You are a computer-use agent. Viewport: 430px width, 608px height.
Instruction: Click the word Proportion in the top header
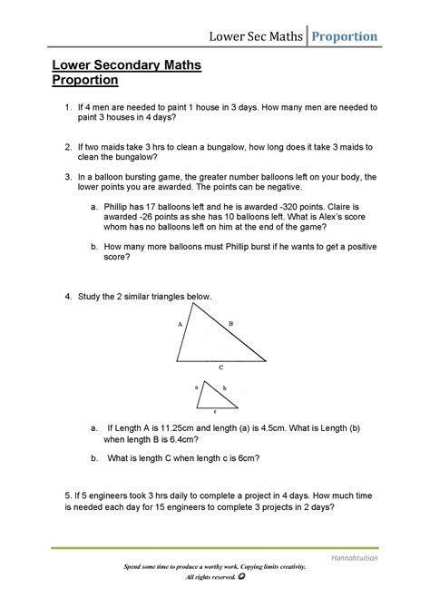(346, 36)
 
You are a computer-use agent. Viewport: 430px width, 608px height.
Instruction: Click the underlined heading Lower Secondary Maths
(113, 66)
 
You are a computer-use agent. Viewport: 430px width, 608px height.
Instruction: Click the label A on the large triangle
(181, 324)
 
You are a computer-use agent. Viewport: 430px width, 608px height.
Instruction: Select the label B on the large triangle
(230, 323)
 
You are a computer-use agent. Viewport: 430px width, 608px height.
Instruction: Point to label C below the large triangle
(220, 368)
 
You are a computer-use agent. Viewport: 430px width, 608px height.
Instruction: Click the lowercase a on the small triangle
(196, 386)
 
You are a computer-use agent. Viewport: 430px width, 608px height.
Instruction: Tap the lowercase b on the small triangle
(223, 387)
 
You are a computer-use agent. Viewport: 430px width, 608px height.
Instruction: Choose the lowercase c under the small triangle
(214, 411)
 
